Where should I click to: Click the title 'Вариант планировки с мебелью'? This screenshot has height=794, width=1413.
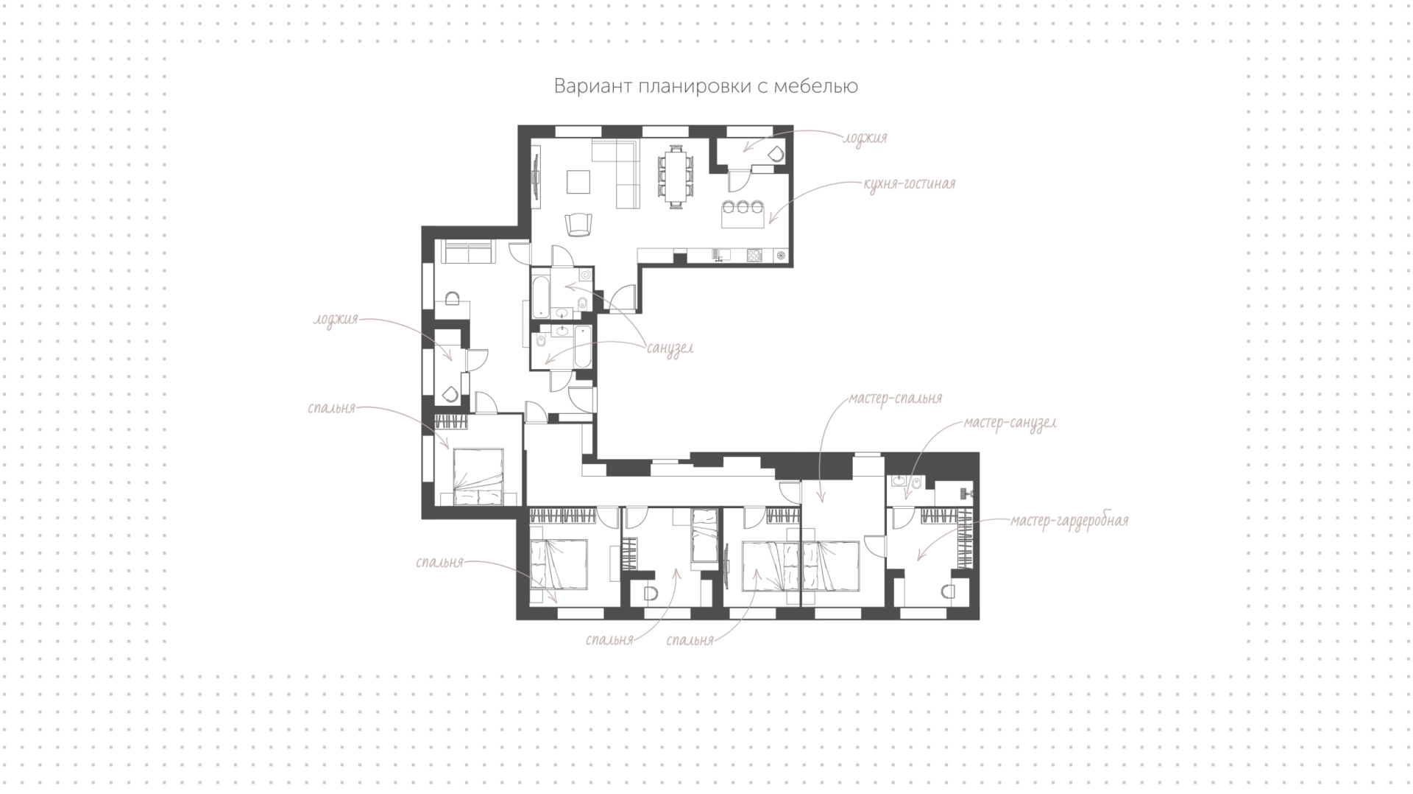706,87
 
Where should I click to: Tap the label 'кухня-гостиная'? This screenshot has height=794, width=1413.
910,183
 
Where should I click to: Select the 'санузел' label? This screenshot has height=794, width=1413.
670,348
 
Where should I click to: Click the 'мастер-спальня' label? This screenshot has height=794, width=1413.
895,398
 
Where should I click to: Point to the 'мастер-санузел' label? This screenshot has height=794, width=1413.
1010,424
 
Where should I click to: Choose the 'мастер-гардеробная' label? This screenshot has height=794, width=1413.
1069,521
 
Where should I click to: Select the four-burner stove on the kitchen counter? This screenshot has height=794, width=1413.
755,255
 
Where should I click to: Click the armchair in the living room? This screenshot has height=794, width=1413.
578,225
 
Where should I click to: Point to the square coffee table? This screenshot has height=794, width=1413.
578,181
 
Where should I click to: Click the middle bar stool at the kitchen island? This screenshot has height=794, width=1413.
744,207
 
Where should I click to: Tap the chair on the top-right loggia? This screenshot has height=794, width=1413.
774,155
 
